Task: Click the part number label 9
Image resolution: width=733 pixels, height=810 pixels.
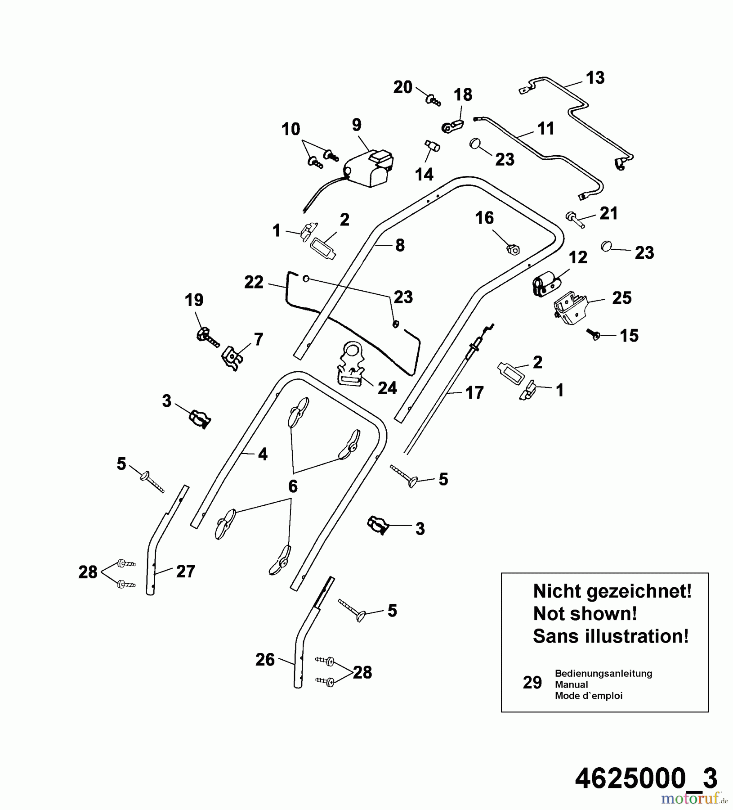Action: (357, 125)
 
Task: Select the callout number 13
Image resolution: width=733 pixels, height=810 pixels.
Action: (595, 78)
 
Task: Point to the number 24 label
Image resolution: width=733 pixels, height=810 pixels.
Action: (387, 388)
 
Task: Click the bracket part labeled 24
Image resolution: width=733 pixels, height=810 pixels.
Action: (351, 363)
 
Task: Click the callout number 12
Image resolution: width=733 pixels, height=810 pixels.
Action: (578, 257)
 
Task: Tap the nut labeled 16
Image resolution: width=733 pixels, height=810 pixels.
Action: (513, 249)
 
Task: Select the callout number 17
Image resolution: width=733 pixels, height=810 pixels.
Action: (474, 393)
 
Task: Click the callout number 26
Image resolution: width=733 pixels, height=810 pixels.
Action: (265, 660)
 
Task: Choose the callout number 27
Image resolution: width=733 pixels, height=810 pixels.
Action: (185, 571)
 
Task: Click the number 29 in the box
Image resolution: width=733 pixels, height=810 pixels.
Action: (532, 683)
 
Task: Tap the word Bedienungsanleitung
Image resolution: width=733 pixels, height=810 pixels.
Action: (603, 673)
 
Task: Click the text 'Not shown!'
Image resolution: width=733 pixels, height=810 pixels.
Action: (585, 613)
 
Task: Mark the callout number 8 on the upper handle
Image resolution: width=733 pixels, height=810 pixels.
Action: (400, 246)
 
